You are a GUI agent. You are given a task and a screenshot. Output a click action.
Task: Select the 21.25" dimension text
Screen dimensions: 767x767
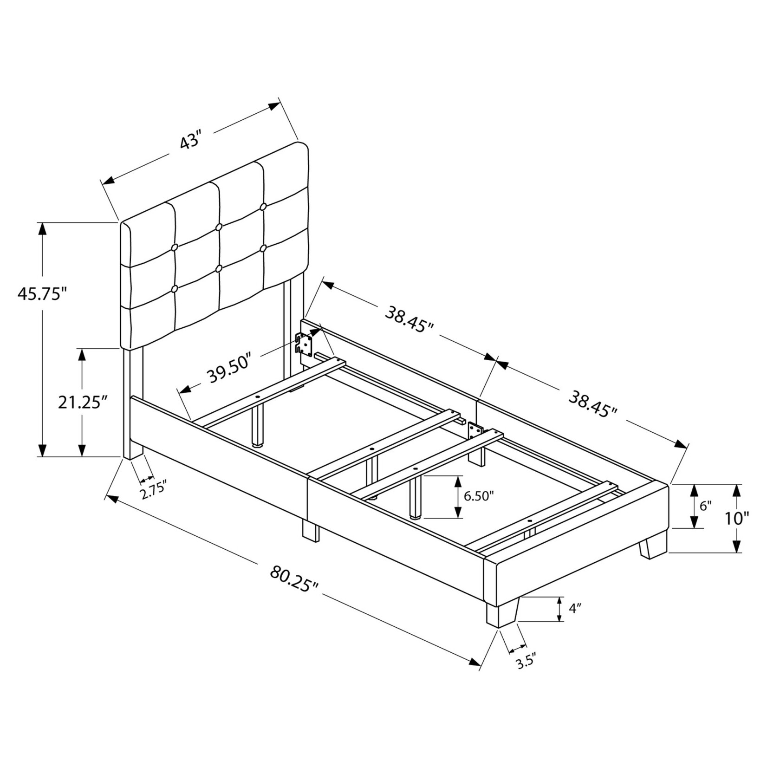(79, 402)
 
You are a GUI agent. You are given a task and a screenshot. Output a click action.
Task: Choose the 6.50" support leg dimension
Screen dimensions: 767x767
(478, 496)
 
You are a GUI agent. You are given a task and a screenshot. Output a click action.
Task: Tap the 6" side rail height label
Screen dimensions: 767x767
(706, 506)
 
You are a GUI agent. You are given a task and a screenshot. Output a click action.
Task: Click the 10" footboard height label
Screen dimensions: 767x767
(737, 518)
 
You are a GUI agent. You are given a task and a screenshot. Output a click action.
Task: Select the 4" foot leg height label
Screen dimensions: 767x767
(575, 609)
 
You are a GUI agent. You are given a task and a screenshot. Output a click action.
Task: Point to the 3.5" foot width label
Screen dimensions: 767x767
(526, 662)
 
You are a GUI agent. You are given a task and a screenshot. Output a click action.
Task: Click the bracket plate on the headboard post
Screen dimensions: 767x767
(305, 344)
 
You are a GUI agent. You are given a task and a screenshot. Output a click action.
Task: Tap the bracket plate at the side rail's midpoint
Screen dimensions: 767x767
(474, 430)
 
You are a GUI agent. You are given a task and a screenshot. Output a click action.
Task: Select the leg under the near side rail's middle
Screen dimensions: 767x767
(310, 530)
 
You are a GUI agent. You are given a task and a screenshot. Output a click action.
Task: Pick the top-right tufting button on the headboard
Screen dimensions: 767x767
(263, 206)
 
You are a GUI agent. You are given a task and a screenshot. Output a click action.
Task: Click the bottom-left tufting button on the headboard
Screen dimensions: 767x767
(175, 289)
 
